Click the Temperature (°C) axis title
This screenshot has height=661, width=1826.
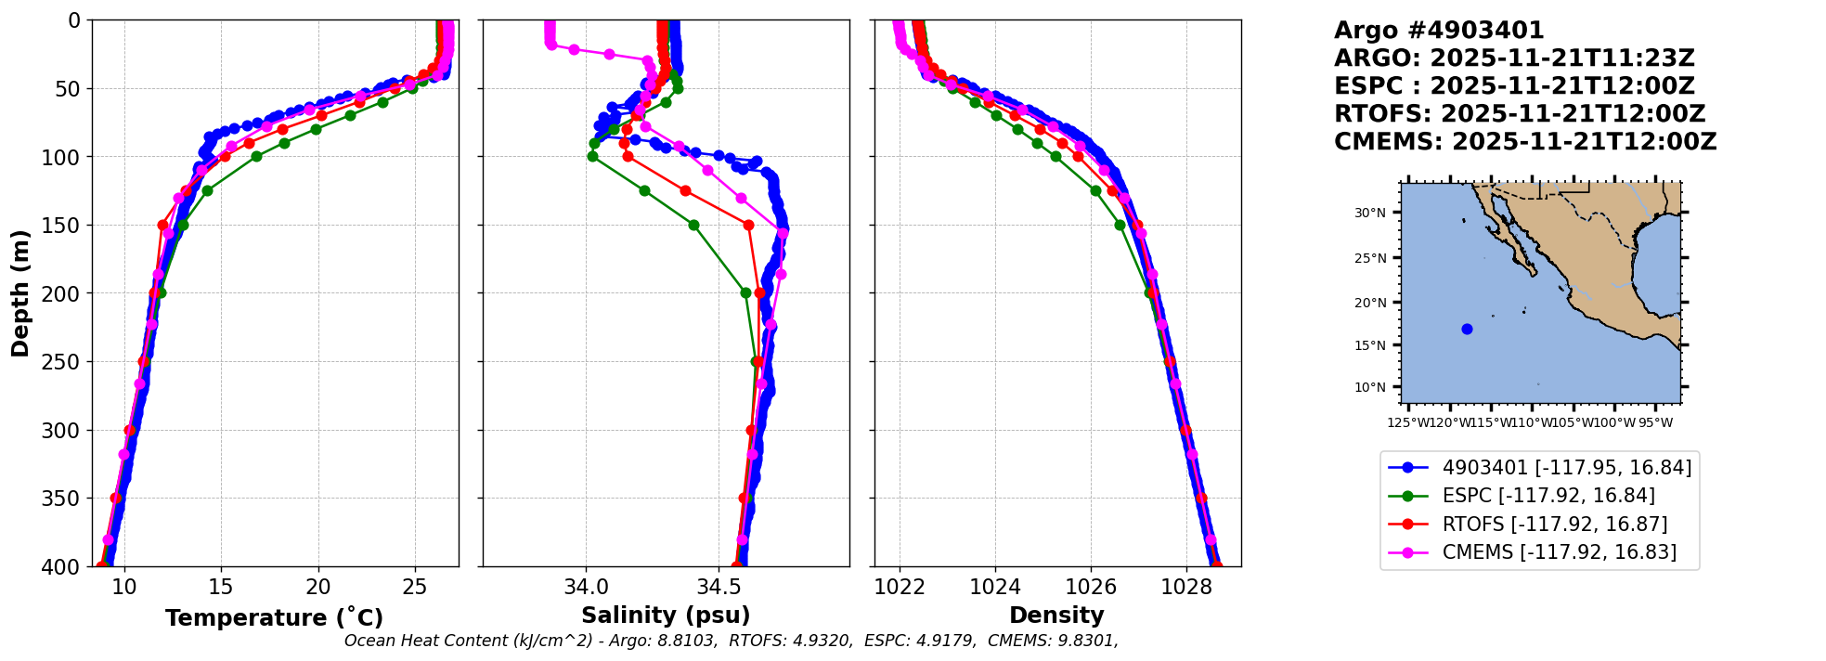click(274, 618)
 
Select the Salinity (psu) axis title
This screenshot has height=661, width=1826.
click(666, 616)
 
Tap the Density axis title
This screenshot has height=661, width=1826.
click(1056, 616)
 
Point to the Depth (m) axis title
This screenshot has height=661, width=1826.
click(20, 293)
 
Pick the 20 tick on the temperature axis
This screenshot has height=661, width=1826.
click(318, 587)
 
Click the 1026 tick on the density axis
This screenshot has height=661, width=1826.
click(1091, 587)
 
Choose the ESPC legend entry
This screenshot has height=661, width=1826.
click(1548, 496)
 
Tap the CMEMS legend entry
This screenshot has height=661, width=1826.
click(1559, 552)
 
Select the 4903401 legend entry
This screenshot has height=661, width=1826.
click(1566, 468)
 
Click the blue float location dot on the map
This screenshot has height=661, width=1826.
click(1467, 329)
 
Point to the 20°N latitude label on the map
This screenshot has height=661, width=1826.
click(1369, 303)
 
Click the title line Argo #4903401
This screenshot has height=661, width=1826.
click(1439, 31)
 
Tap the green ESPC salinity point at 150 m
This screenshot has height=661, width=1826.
click(693, 225)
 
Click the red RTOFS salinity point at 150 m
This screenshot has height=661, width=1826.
click(748, 225)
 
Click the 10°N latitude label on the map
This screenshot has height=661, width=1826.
click(1369, 387)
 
